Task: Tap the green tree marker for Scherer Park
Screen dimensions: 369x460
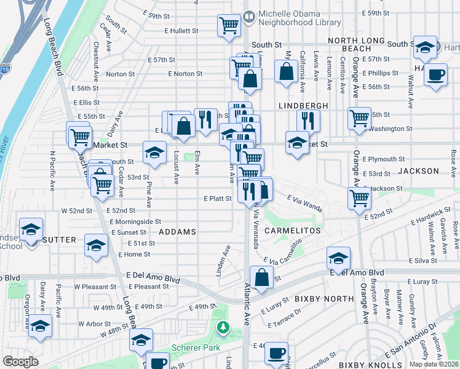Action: pyautogui.click(x=223, y=327)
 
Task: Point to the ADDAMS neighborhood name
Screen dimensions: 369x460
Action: pyautogui.click(x=177, y=232)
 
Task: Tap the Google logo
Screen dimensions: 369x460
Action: pyautogui.click(x=20, y=362)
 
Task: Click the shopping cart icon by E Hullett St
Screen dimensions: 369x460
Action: pyautogui.click(x=229, y=26)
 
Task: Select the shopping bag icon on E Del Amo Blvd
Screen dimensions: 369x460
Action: pyautogui.click(x=262, y=277)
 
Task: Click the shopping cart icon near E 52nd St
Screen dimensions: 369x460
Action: pyautogui.click(x=359, y=198)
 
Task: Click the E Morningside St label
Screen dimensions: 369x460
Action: pyautogui.click(x=136, y=221)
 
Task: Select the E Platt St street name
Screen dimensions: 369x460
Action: pyautogui.click(x=217, y=199)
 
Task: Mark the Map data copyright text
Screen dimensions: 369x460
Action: pyautogui.click(x=434, y=364)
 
